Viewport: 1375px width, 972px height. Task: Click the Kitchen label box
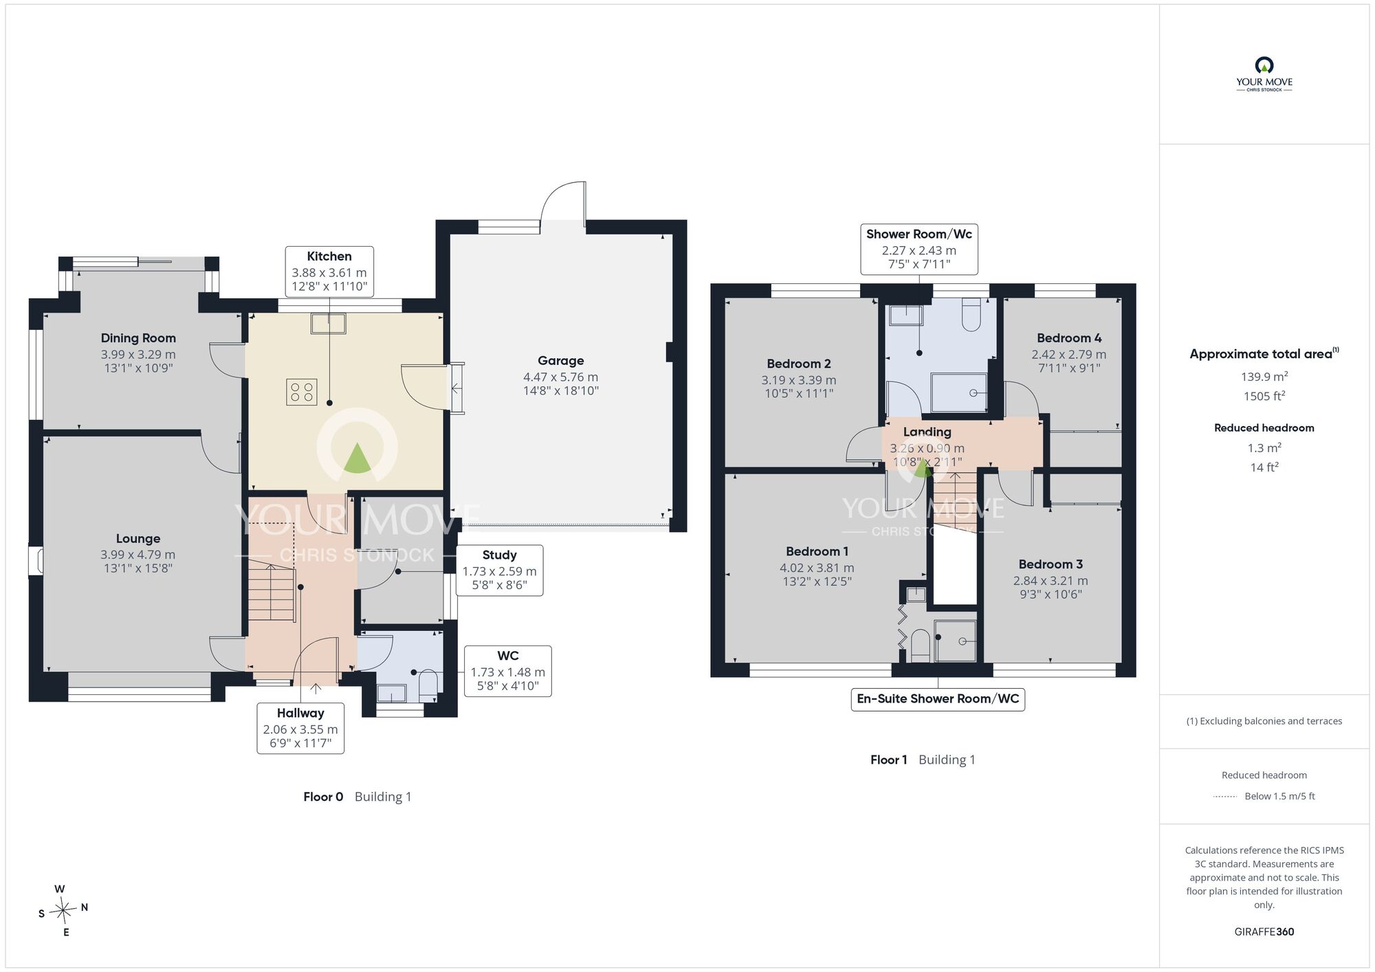329,272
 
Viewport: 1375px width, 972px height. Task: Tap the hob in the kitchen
302,393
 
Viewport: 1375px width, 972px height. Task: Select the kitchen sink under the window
328,323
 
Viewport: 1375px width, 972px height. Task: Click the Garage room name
561,360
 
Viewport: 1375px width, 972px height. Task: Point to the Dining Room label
138,338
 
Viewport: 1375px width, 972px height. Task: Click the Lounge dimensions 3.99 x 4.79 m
138,555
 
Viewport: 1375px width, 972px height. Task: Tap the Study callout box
500,571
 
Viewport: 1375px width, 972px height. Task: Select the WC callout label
508,671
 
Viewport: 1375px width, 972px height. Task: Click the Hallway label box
300,728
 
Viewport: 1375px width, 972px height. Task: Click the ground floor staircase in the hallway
272,590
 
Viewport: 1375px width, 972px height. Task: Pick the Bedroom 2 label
799,364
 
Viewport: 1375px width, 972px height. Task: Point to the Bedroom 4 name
1069,338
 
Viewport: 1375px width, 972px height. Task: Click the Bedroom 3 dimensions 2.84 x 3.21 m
1050,581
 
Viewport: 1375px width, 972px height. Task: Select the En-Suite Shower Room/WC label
938,699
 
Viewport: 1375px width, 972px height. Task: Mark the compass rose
63,911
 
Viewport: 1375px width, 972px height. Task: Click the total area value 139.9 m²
1264,377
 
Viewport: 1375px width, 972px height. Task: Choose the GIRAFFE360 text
1264,932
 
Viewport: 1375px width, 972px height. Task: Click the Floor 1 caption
889,760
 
